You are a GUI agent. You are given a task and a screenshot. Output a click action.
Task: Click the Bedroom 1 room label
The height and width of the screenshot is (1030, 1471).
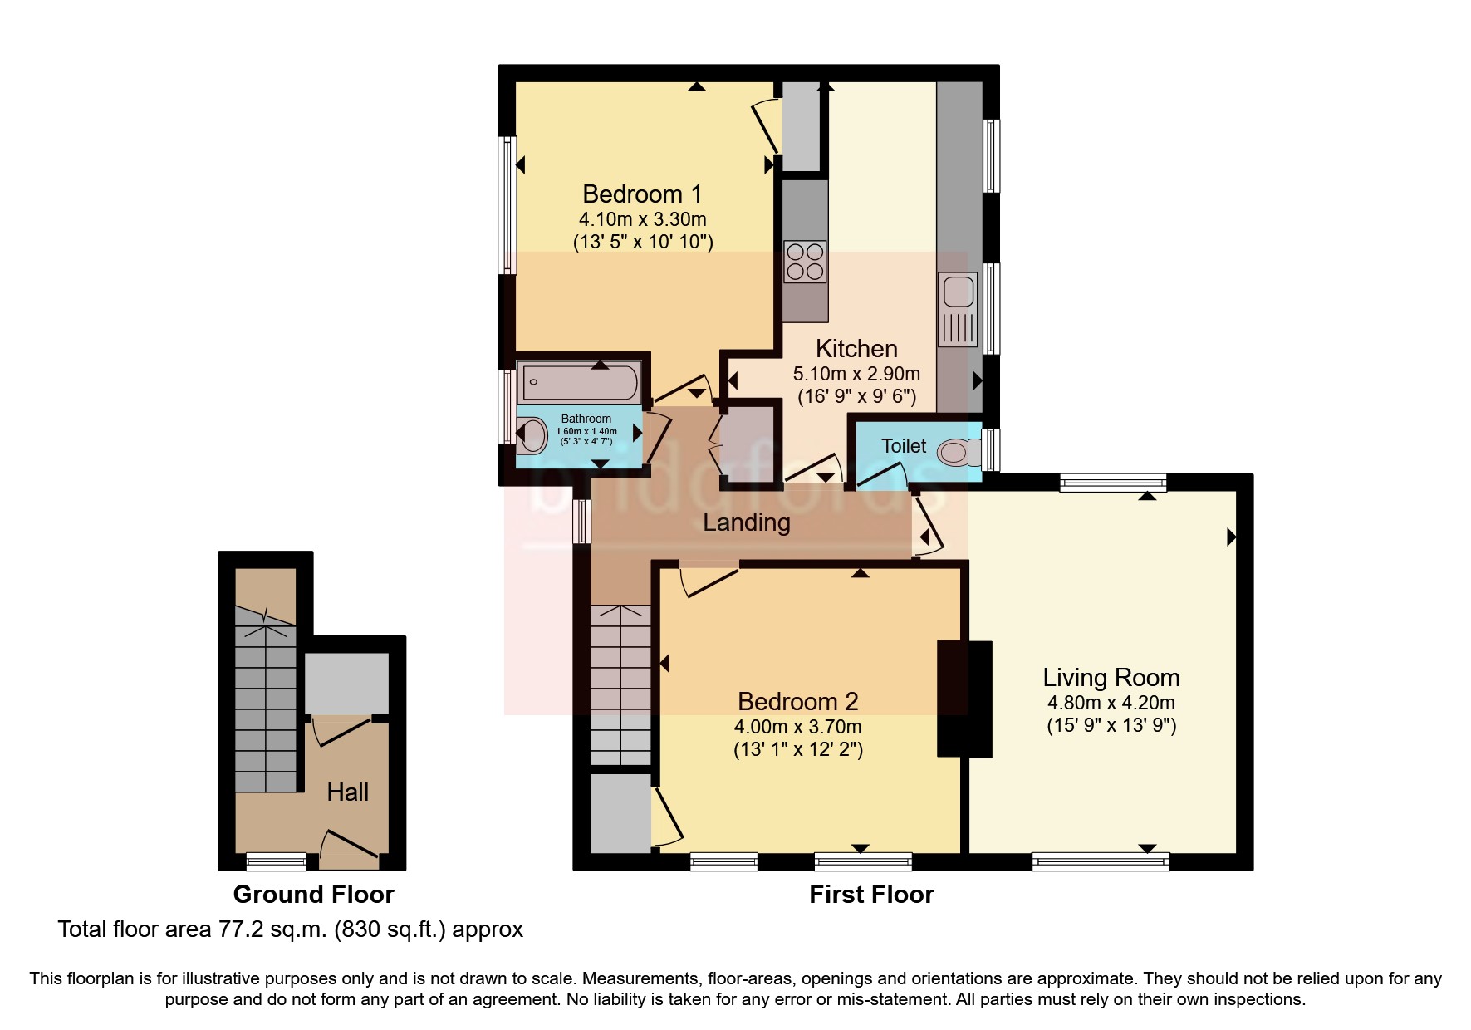point(642,194)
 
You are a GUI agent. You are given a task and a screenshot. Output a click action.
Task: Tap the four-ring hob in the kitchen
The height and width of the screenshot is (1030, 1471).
point(805,261)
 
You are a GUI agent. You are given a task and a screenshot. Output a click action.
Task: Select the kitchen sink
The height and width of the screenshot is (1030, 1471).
point(959,308)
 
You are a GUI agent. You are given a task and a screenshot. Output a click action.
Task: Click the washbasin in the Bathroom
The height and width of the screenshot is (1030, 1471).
point(532,434)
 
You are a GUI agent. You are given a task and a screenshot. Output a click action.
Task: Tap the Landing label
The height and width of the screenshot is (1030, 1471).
point(746,522)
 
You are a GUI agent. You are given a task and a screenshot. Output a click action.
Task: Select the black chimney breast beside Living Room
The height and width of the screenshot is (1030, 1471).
point(964,699)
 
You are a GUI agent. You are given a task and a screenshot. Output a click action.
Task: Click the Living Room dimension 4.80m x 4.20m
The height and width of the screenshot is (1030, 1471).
point(1111,703)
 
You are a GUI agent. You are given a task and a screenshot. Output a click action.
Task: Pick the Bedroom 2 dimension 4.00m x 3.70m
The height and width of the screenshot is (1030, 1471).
point(797,727)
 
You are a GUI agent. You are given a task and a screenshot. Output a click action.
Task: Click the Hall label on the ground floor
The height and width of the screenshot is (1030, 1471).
point(347,792)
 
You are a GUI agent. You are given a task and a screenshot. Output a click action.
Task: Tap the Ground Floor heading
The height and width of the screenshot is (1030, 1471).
point(313,895)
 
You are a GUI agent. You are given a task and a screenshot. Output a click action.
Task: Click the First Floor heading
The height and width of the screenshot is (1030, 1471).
point(871,895)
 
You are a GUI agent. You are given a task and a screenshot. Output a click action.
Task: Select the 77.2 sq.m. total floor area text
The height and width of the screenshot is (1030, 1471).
point(290,929)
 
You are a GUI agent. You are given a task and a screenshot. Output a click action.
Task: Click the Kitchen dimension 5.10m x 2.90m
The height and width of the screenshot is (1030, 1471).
point(856,374)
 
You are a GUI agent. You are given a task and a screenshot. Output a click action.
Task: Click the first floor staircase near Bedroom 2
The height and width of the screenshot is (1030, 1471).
point(620,685)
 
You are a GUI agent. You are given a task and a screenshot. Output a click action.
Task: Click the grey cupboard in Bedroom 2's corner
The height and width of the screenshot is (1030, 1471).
point(620,813)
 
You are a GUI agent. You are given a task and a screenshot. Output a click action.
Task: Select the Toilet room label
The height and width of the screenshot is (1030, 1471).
point(903,446)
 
